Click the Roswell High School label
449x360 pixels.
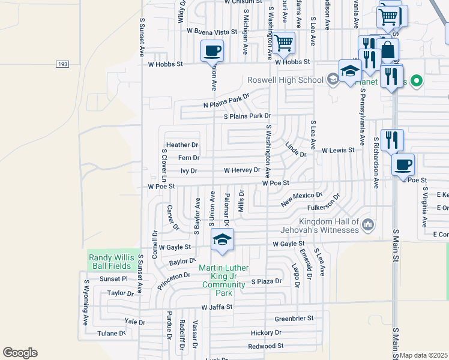click(x=286, y=80)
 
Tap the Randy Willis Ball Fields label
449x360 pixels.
click(x=113, y=261)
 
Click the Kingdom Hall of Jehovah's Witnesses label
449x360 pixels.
click(x=320, y=226)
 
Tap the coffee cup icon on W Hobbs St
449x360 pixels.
click(x=211, y=50)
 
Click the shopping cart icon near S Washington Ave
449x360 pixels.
click(x=283, y=43)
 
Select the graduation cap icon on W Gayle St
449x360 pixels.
click(x=222, y=240)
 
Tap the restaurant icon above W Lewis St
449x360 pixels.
click(x=391, y=140)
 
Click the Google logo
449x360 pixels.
click(x=20, y=353)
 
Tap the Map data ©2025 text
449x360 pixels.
click(x=424, y=355)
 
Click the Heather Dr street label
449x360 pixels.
click(x=182, y=145)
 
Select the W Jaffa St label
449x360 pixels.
click(x=217, y=307)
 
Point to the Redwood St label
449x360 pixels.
click(x=265, y=346)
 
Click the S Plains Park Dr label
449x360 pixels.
click(x=247, y=116)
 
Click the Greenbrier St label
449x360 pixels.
click(x=294, y=318)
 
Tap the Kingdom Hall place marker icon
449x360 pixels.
click(x=368, y=225)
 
